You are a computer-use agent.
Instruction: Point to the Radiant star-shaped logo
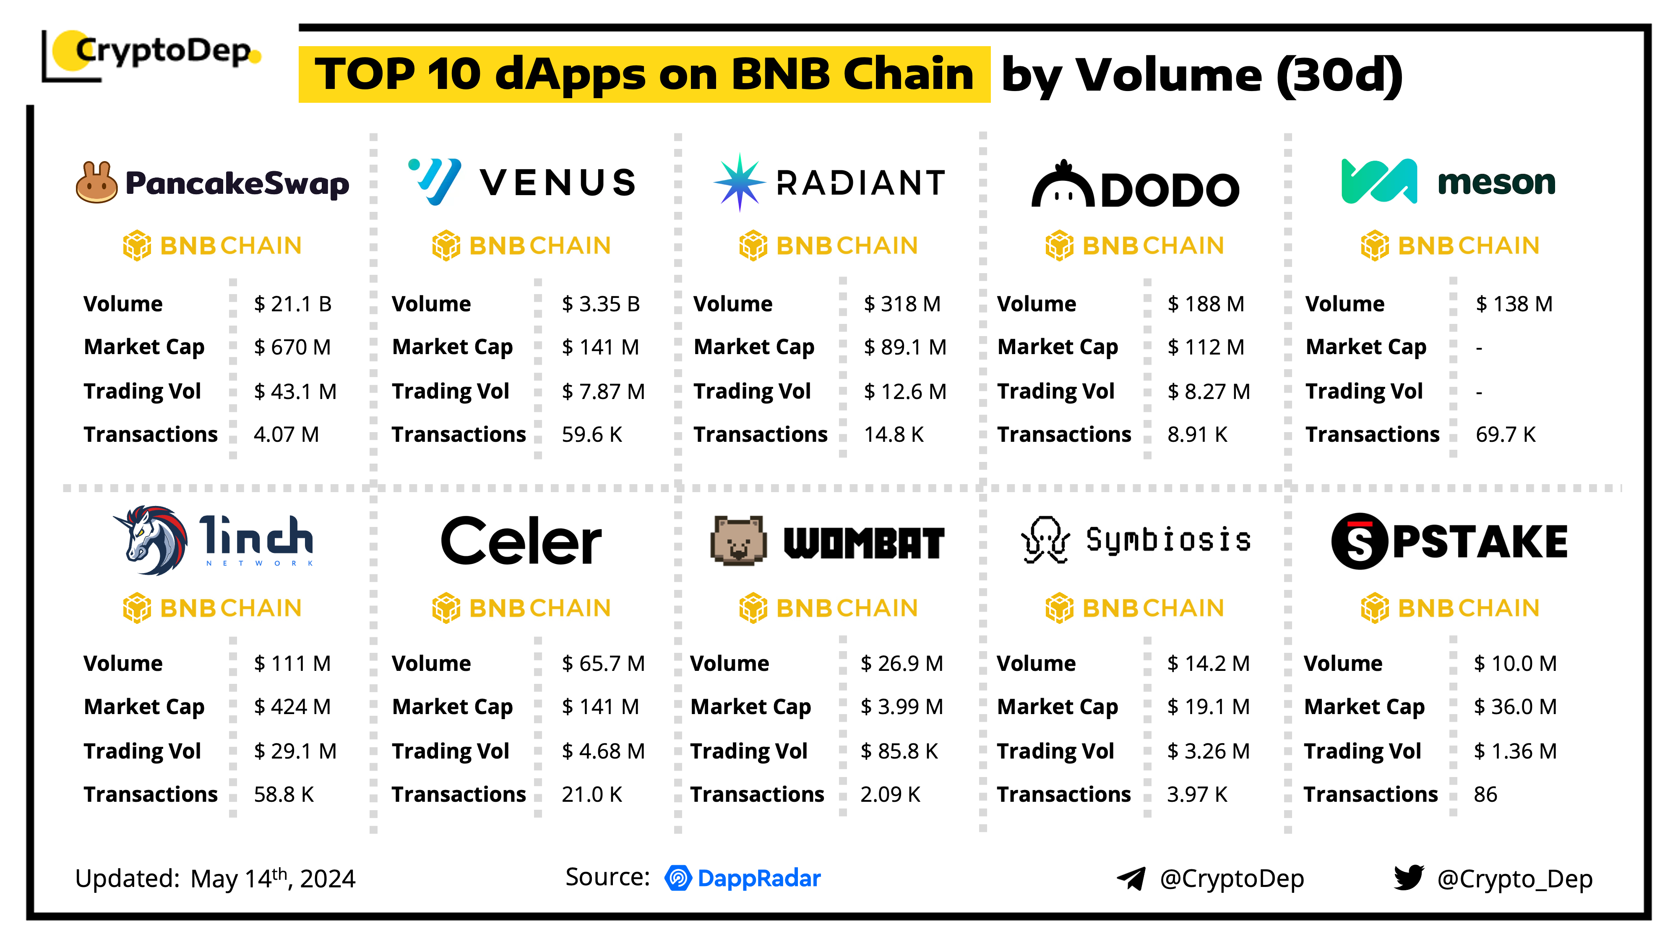[739, 183]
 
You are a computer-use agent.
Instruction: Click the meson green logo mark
[1378, 181]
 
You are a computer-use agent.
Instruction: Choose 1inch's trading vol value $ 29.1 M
[295, 751]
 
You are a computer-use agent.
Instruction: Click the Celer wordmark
[521, 541]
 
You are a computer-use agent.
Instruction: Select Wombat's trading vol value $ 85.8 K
[899, 751]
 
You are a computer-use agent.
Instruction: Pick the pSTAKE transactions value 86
[1485, 794]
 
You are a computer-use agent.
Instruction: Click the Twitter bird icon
[1408, 878]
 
